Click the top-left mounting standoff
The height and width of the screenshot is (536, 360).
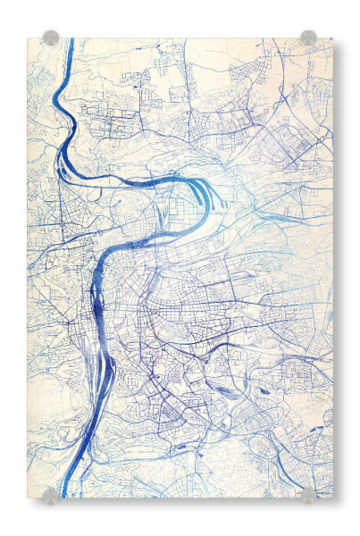coord(51,38)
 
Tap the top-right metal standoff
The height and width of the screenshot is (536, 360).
coord(308,38)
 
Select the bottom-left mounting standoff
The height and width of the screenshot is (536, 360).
coord(50,495)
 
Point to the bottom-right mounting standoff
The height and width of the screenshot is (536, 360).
coord(308,495)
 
